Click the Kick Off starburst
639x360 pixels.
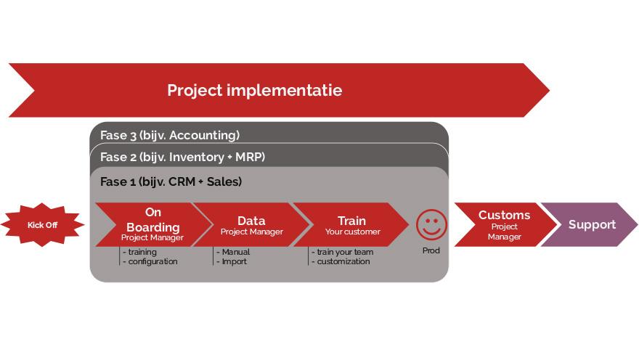coord(42,225)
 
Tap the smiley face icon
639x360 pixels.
coord(431,225)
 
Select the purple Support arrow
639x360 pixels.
coord(590,224)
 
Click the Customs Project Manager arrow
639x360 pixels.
coord(505,224)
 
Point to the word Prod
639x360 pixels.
coord(431,250)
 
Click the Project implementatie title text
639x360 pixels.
coord(255,91)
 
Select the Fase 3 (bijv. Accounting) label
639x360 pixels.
coord(170,135)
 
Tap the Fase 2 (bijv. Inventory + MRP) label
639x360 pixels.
coord(182,157)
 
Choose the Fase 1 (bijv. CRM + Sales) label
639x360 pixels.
coord(171,181)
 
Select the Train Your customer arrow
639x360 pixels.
coord(351,224)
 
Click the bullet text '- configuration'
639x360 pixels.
coord(150,261)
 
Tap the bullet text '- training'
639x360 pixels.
coord(139,252)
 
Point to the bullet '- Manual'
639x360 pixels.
coord(233,252)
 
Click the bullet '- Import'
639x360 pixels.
coord(232,261)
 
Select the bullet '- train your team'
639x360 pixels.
coord(342,252)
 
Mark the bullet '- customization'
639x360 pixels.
coord(341,261)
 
